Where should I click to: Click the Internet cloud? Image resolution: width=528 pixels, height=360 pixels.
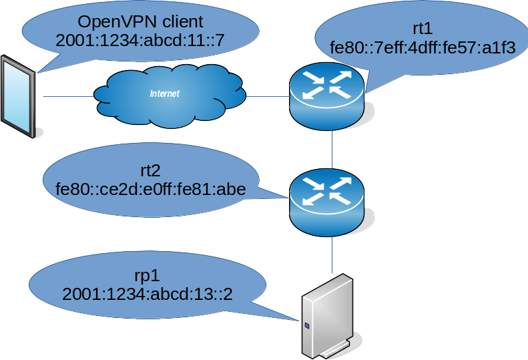[167, 98]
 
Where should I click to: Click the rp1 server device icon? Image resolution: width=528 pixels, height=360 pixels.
[328, 315]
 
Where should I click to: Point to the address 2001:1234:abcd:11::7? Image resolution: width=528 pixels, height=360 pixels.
[140, 41]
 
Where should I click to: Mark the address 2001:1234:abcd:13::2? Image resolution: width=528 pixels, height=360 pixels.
[147, 294]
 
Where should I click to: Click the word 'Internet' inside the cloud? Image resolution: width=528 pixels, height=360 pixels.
[164, 94]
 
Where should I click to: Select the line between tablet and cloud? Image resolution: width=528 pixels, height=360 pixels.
[67, 97]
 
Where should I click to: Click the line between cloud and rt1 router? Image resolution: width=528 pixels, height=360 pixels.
[267, 97]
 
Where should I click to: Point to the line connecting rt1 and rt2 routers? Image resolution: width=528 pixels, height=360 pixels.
[332, 150]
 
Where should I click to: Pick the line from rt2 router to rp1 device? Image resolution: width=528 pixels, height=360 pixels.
[332, 250]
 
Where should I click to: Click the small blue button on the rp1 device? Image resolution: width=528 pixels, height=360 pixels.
[307, 327]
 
